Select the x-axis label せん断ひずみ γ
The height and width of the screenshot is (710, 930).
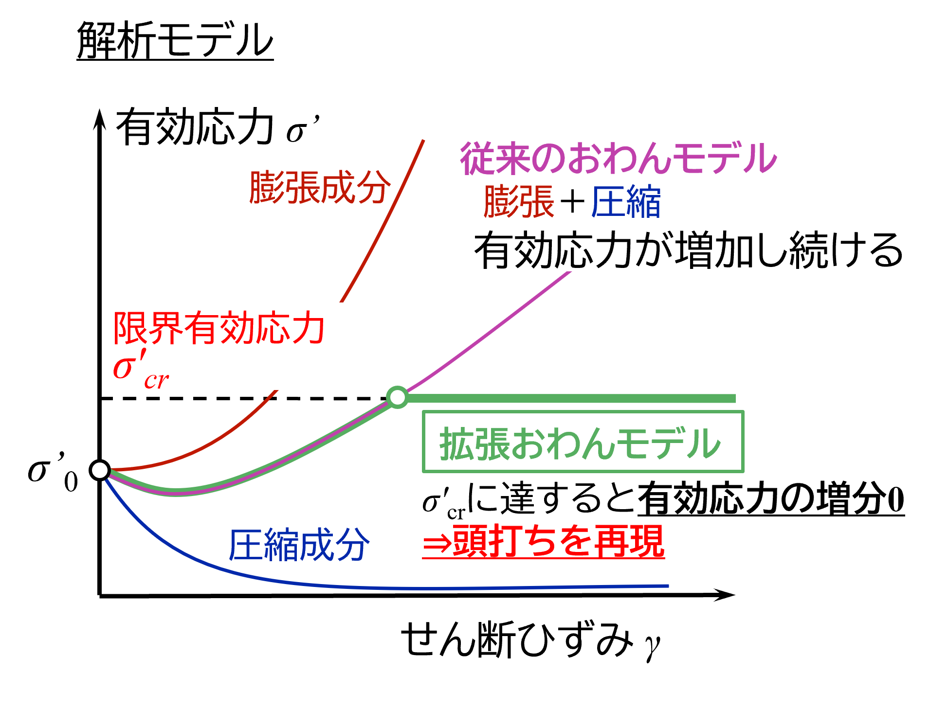click(x=530, y=640)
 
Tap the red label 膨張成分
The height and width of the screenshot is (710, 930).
click(x=320, y=188)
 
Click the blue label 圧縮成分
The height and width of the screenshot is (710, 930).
click(x=299, y=545)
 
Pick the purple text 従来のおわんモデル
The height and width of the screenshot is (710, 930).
click(x=619, y=158)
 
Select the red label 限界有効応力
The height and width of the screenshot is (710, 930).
click(x=219, y=328)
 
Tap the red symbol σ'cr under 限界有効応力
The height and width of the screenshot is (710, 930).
click(x=141, y=370)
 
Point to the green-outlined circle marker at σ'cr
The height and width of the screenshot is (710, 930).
click(x=398, y=397)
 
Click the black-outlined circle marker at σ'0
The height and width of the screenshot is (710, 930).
click(x=100, y=470)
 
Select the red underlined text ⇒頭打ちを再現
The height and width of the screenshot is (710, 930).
click(x=543, y=541)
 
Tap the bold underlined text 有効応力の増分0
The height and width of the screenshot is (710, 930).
click(x=771, y=499)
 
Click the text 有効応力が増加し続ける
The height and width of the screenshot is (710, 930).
click(x=689, y=250)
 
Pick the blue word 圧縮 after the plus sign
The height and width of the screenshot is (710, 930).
click(x=626, y=201)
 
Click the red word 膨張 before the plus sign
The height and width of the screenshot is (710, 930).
click(x=519, y=201)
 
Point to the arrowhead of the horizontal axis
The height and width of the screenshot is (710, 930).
click(x=725, y=595)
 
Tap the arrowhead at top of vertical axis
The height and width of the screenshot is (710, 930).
click(x=100, y=119)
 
